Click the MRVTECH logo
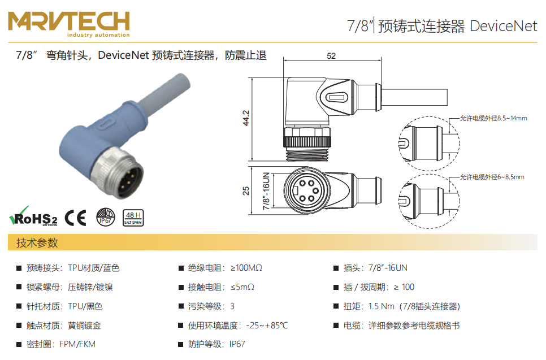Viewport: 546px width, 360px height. click(x=69, y=24)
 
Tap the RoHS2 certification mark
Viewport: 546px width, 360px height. click(x=33, y=216)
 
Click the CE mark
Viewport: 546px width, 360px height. click(x=76, y=218)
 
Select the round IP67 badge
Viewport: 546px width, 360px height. click(x=106, y=217)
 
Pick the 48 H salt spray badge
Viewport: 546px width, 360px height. click(x=133, y=218)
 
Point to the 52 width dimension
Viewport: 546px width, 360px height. click(x=331, y=56)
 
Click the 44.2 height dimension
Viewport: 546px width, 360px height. click(x=246, y=118)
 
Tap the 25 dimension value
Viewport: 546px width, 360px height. click(x=246, y=190)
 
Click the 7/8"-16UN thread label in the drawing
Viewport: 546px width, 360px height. click(x=266, y=191)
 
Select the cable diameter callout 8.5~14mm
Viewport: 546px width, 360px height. click(x=493, y=118)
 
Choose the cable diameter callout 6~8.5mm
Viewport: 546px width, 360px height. click(x=492, y=177)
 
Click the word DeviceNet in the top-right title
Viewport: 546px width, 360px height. click(x=503, y=26)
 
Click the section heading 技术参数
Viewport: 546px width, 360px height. click(x=37, y=242)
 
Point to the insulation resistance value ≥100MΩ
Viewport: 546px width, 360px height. click(x=246, y=268)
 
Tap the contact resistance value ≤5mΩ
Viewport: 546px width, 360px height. click(x=242, y=287)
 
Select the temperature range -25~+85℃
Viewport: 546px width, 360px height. click(x=267, y=326)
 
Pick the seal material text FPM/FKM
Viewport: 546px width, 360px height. click(x=77, y=344)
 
